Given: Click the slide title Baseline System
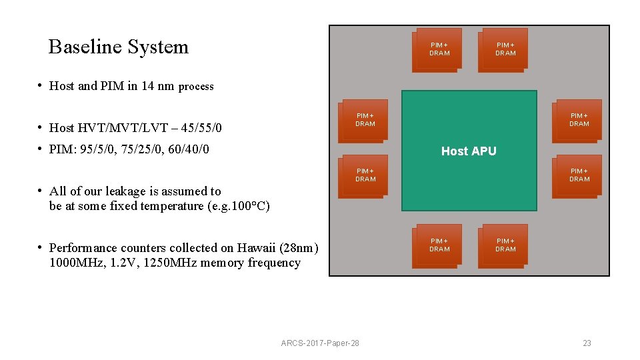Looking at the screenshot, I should [x=119, y=47].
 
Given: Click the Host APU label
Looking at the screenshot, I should [x=469, y=151].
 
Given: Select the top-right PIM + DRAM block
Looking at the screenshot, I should [x=505, y=49].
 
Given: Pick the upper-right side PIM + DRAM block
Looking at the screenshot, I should [x=579, y=120].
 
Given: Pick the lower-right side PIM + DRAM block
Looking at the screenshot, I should [x=579, y=175].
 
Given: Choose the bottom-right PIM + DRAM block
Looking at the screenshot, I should [x=505, y=245].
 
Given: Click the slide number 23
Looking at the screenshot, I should [x=587, y=343].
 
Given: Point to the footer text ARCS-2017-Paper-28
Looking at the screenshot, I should [x=320, y=343].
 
